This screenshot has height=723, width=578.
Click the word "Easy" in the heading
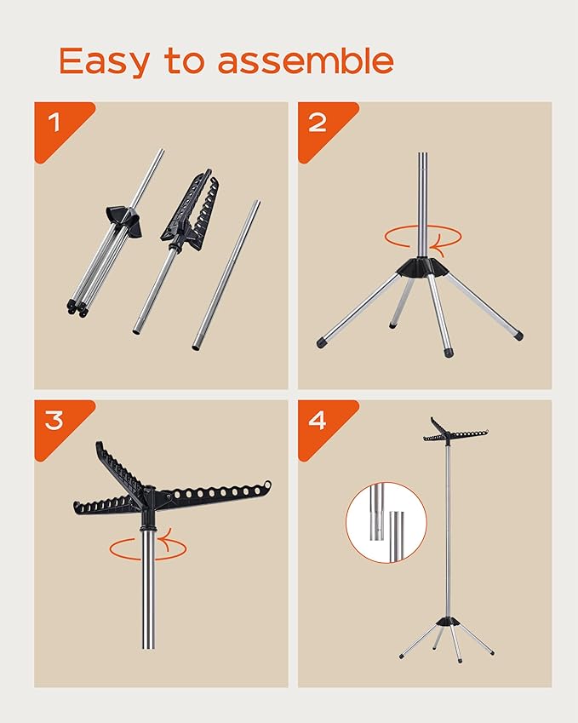[x=105, y=61]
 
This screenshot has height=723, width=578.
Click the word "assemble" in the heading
[x=306, y=60]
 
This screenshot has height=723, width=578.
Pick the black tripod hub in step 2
[x=423, y=267]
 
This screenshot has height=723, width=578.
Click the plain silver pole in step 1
[x=226, y=275]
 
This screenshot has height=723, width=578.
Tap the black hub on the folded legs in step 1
[x=123, y=220]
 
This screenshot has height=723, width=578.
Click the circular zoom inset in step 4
[x=386, y=522]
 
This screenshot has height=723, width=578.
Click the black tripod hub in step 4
[x=445, y=622]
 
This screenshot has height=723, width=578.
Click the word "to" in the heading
[x=185, y=61]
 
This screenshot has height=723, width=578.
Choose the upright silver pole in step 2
[x=423, y=204]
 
